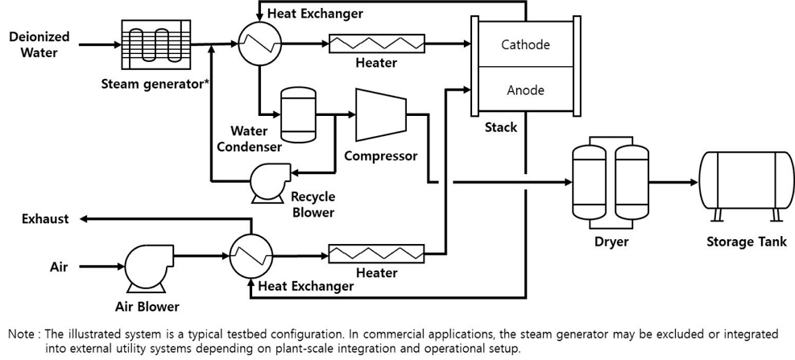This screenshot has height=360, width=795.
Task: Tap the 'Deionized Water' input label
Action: tap(39, 44)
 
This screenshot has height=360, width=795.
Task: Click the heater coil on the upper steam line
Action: tap(376, 43)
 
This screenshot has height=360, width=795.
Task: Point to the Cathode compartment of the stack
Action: tap(524, 44)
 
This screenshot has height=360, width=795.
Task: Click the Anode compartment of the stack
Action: tap(524, 90)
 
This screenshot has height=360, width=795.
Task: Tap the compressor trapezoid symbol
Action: tap(380, 114)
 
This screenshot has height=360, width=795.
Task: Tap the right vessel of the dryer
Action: tap(631, 183)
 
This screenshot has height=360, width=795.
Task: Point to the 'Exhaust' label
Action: tap(45, 218)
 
